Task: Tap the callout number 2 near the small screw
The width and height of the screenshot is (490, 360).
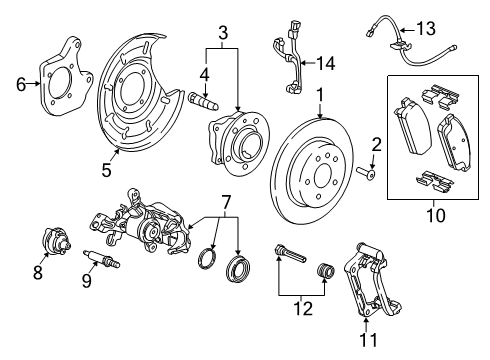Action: point(377,144)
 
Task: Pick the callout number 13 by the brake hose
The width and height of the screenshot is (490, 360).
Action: point(428,30)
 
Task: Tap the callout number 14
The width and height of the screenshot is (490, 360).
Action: point(324,62)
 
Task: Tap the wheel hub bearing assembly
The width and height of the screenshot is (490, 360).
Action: point(235,143)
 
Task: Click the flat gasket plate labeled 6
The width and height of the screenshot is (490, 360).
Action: point(65,74)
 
